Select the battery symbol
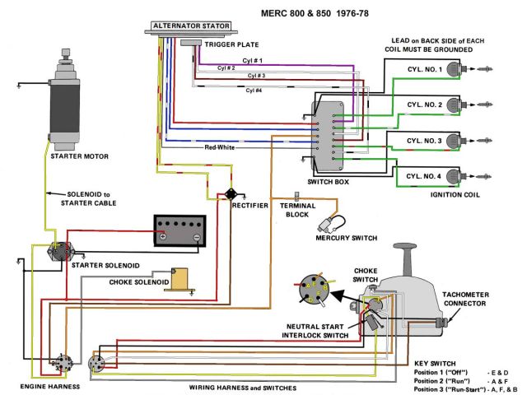pos(179,231)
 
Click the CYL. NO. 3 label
pos(424,141)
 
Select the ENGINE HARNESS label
pos(51,386)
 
